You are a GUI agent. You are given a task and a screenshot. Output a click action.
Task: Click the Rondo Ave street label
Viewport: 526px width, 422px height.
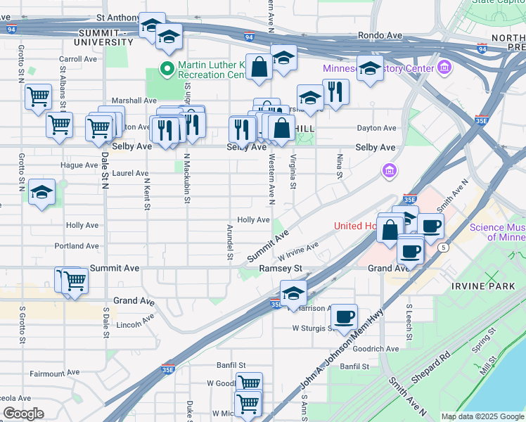tap(380, 34)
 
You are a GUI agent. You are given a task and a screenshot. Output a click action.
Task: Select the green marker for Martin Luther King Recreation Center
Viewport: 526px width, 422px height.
tap(167, 69)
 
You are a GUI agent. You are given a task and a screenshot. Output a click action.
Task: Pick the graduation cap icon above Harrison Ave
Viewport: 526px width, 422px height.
tap(293, 293)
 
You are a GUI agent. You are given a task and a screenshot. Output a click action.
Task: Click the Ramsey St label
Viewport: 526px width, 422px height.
tap(280, 269)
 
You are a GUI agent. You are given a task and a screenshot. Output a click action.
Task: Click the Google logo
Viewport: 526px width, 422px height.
tap(23, 414)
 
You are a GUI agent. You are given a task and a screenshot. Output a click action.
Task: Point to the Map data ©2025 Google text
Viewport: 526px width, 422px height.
tap(482, 416)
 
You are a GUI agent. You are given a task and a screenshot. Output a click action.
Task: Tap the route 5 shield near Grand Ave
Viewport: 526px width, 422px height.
tap(443, 248)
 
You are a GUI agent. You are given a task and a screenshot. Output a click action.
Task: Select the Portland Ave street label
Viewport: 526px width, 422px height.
tap(77, 246)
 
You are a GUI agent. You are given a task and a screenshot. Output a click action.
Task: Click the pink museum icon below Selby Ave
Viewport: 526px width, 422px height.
tap(388, 170)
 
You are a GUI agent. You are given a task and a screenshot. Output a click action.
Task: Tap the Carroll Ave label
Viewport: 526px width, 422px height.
tap(78, 60)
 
